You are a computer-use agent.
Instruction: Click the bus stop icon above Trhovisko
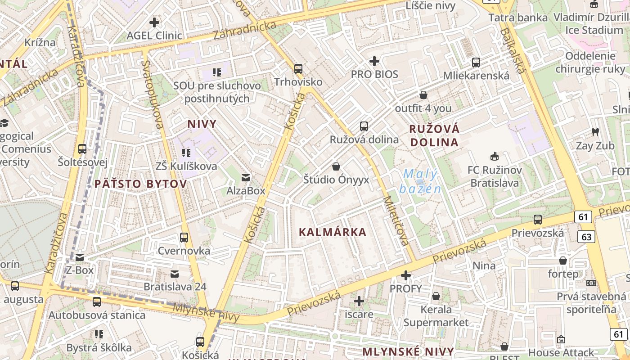(298, 69)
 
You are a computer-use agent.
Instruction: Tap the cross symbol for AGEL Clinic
(154, 22)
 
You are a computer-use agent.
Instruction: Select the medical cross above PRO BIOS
(374, 61)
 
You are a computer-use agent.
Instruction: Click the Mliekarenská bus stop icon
(476, 63)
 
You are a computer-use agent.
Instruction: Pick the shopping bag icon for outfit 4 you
(423, 95)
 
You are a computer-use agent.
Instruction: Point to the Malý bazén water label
(420, 180)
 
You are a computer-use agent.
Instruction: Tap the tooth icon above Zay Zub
(595, 132)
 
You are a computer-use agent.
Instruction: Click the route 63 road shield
(588, 237)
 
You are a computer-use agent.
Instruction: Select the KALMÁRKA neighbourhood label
(333, 232)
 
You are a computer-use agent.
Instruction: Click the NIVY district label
(202, 124)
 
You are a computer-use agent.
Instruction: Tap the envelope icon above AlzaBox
(245, 178)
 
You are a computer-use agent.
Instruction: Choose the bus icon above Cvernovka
(184, 237)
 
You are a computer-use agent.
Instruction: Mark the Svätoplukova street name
(152, 94)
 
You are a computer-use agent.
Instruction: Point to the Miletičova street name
(396, 221)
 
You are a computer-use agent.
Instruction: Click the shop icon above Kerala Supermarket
(436, 296)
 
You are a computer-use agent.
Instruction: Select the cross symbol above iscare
(359, 301)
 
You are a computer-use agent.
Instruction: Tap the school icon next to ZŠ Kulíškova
(186, 153)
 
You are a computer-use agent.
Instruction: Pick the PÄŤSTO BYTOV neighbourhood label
(140, 184)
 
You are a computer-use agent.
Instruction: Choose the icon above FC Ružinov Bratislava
(495, 157)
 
